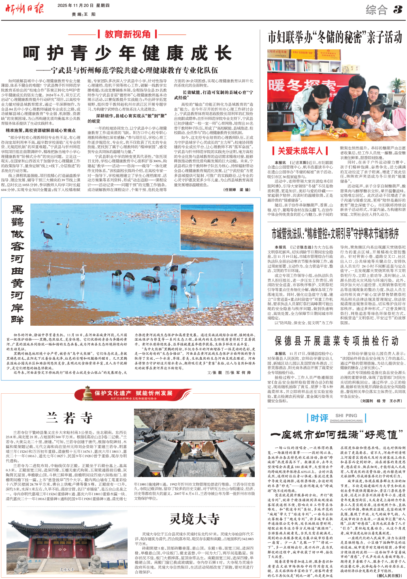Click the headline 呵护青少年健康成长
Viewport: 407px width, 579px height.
coord(127,53)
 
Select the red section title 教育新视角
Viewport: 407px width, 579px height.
coord(128,34)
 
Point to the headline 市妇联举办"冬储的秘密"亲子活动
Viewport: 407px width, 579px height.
coord(335,38)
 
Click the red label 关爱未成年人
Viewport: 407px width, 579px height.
coord(300,151)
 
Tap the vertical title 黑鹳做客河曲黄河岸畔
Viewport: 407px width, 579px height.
coord(17,265)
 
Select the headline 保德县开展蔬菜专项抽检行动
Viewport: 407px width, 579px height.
coord(337,341)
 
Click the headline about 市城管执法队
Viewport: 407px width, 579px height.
coord(335,233)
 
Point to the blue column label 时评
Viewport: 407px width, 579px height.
coord(319,418)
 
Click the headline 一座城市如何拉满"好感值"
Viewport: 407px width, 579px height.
coord(337,435)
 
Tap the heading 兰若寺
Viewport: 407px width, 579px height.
coord(70,417)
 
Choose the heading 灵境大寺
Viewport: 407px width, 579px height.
coord(194,519)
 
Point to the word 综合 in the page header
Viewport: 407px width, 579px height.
coord(376,9)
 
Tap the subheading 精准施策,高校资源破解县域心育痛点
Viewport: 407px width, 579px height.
coord(40,131)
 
